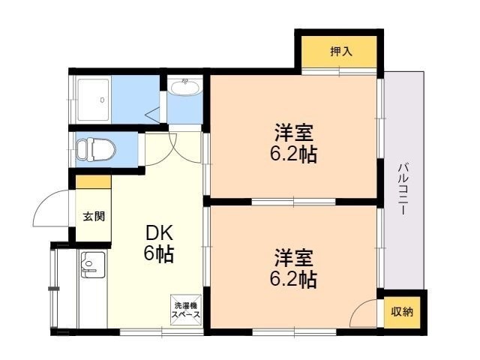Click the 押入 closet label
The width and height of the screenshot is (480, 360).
point(341,52)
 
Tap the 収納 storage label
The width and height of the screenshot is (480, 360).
point(402,312)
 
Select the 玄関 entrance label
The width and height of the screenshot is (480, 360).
point(94,217)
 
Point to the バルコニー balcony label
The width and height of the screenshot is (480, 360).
point(403,189)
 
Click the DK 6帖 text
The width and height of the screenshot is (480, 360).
point(159,243)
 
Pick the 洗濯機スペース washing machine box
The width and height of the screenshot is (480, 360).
point(186,310)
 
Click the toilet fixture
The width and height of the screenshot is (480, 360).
point(96,150)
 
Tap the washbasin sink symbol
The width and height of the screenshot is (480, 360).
point(185,87)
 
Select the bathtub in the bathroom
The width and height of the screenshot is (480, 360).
point(93,100)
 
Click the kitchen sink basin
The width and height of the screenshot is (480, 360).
point(93,264)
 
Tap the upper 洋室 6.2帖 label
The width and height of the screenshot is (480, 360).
point(293,143)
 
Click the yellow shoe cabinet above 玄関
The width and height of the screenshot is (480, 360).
point(93,182)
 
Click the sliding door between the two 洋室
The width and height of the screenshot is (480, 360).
point(293,202)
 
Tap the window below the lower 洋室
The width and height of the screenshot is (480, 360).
point(295,331)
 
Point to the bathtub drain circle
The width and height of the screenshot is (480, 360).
point(102,100)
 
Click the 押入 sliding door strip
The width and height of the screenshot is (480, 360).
point(339,71)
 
